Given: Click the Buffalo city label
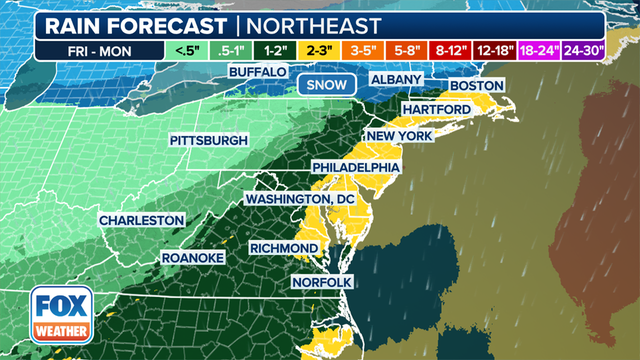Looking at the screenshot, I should pos(257,73).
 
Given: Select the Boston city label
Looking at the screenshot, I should pos(475,87).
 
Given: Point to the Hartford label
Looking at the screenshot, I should pos(438,109).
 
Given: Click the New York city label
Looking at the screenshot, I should pos(397,135).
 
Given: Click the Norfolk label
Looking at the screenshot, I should pos(322,283).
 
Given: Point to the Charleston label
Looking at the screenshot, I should pos(141,220).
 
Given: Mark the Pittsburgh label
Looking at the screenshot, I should pos(208,140).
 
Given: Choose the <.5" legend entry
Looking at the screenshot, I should pos(185,47).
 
